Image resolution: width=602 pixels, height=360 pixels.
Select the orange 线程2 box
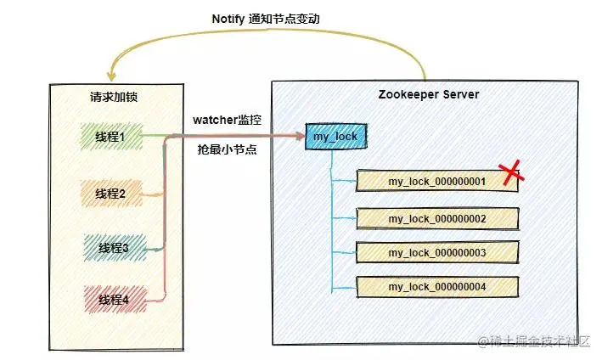click(111, 194)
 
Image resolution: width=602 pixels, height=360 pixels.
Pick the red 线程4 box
click(112, 300)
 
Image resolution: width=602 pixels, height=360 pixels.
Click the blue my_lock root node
click(333, 137)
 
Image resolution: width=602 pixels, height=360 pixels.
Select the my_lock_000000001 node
click(436, 181)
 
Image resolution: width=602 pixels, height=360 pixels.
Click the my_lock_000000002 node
click(436, 218)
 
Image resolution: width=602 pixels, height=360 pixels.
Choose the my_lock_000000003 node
click(436, 253)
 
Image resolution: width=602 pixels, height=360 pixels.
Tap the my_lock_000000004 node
click(436, 287)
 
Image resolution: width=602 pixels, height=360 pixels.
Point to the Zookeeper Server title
click(428, 94)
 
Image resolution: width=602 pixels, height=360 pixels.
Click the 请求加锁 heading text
click(114, 97)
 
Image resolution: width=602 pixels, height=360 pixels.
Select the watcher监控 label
click(228, 121)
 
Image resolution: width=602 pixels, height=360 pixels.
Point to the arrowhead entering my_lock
click(300, 135)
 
